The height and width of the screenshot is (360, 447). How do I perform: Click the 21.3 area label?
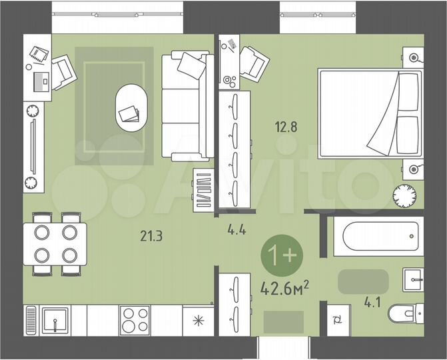(151, 235)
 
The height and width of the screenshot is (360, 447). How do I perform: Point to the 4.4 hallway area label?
(236, 231)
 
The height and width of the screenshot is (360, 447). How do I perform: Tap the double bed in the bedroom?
(370, 113)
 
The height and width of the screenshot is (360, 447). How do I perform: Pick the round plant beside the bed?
(404, 195)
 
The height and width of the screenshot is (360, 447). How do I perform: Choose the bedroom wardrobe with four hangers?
(235, 150)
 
